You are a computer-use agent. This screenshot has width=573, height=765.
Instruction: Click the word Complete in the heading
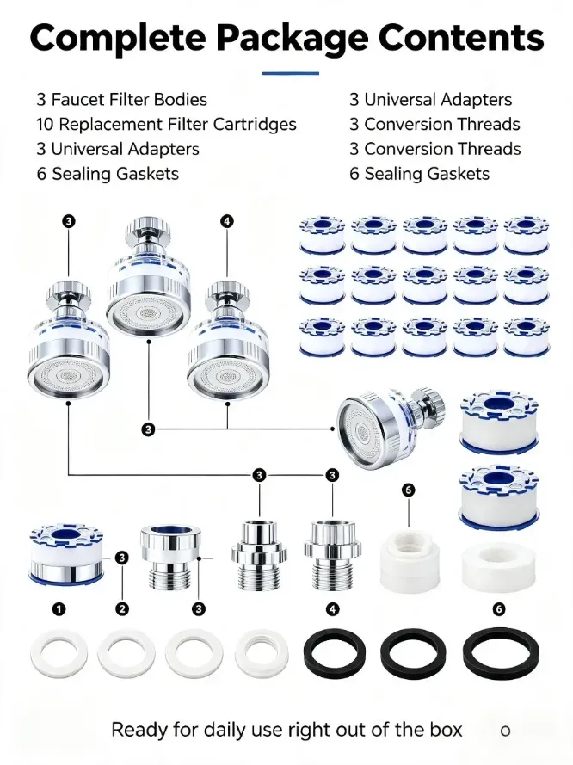pos(117,38)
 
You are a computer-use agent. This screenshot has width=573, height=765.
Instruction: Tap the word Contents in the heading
pos(461,36)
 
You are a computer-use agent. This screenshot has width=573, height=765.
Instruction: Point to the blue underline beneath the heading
pos(290,74)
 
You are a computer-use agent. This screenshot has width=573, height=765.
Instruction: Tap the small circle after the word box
pos(506,731)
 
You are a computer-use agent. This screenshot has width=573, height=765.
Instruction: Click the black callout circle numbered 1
pos(59,609)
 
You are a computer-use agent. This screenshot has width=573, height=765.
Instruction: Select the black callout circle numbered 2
pos(122,609)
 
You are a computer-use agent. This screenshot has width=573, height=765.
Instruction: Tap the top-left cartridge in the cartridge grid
pos(323,235)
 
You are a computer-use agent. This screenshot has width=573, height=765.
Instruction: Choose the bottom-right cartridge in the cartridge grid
pos(527,336)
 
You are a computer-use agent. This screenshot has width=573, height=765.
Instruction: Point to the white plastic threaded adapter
pos(410,560)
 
